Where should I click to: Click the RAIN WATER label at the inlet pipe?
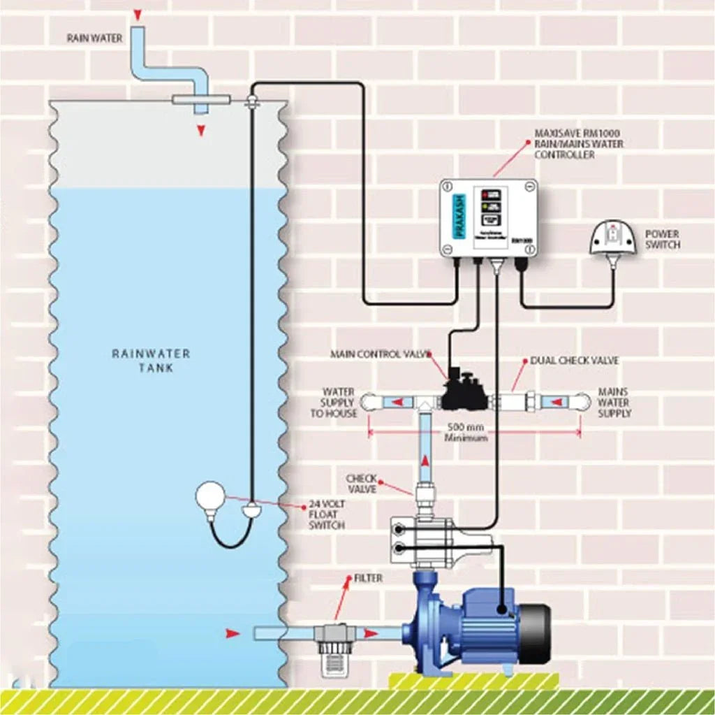click(x=95, y=38)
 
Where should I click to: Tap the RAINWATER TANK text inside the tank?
click(x=151, y=361)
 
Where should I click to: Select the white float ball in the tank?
click(x=209, y=498)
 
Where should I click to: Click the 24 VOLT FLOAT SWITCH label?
click(x=327, y=514)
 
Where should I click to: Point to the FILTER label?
click(x=368, y=579)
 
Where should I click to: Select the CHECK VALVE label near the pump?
click(x=362, y=484)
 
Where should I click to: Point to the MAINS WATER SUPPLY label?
click(x=614, y=403)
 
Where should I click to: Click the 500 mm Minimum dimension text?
click(x=466, y=432)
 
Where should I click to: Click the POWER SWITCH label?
click(x=662, y=240)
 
